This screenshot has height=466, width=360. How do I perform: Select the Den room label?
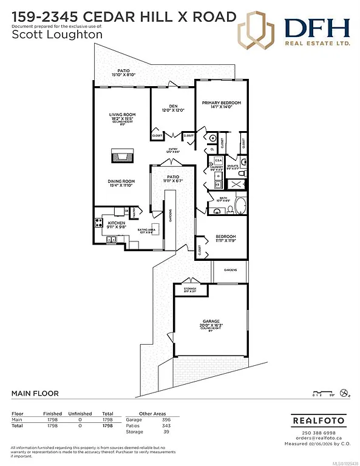point(172,108)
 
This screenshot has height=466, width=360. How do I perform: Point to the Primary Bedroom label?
point(221,103)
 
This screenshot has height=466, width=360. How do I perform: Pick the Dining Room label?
point(121,182)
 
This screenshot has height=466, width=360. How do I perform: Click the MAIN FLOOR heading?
point(35,393)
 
